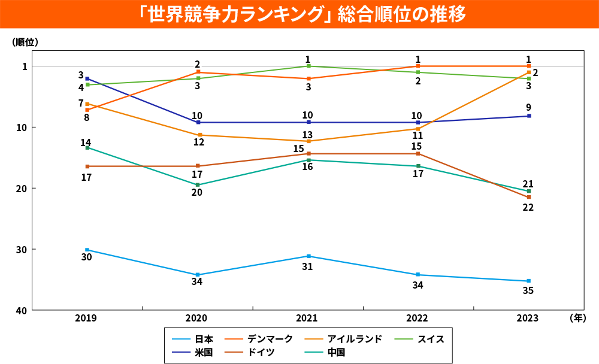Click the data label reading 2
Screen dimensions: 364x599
(x=197, y=63)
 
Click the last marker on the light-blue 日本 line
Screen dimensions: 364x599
(x=529, y=281)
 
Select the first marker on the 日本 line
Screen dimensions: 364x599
(x=87, y=250)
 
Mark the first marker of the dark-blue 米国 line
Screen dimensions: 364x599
(x=87, y=78)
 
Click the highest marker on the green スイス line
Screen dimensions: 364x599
(x=308, y=66)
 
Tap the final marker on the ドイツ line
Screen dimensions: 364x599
(x=529, y=197)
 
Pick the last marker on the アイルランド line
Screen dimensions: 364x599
(x=529, y=72)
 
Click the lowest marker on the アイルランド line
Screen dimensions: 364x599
(x=308, y=141)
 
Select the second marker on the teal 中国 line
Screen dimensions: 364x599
(x=198, y=184)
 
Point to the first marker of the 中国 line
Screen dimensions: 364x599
(x=87, y=147)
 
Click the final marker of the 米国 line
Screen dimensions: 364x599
(x=529, y=116)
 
